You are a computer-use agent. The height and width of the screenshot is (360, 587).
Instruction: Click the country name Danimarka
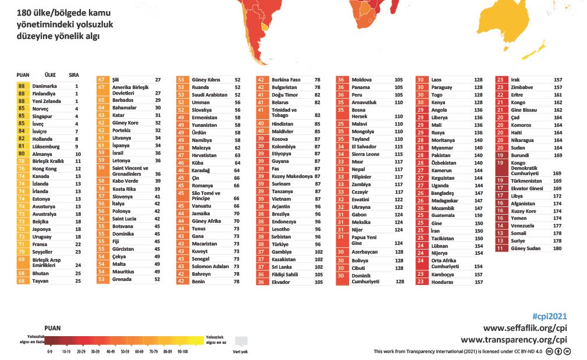click(44, 85)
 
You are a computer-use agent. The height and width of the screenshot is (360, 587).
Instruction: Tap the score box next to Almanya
click(23, 154)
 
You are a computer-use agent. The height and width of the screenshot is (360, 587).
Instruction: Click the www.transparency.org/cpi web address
click(514, 340)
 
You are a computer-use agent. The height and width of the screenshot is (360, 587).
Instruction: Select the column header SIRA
click(74, 75)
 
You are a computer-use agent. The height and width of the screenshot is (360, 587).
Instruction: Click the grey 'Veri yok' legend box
click(241, 341)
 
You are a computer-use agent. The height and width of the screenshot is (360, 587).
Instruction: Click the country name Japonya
click(42, 229)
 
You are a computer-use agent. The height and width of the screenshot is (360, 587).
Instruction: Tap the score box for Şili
click(102, 80)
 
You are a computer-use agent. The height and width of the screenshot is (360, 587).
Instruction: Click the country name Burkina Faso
click(286, 80)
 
